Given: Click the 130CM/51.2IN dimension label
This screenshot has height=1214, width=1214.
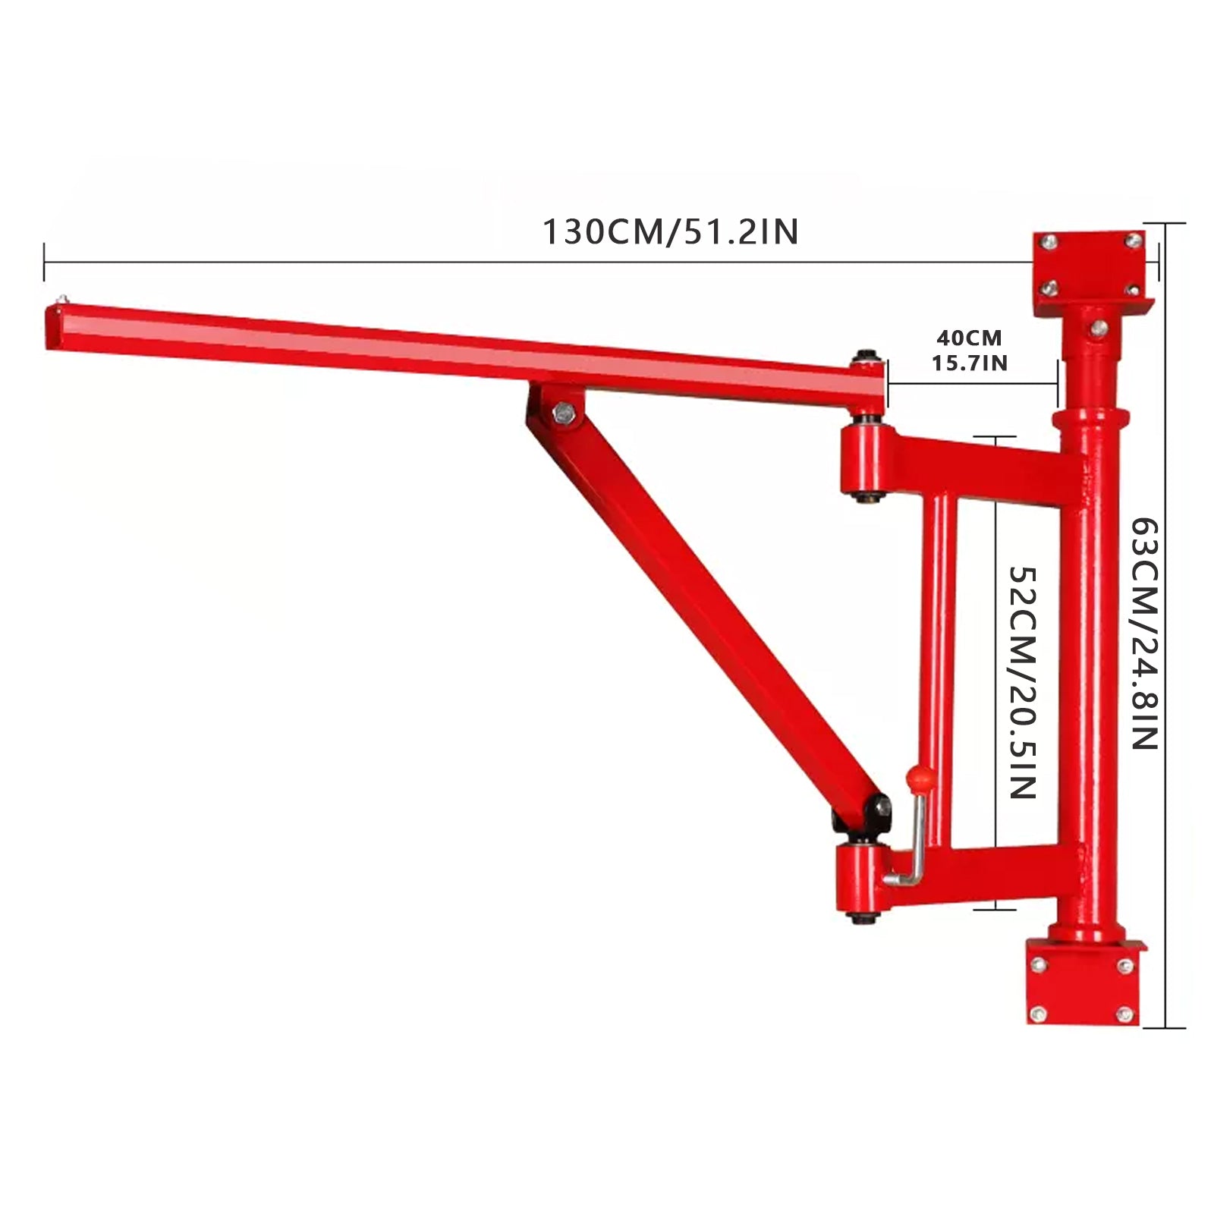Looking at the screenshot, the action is coord(670,232).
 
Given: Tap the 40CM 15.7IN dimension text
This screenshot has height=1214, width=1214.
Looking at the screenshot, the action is coord(969,350).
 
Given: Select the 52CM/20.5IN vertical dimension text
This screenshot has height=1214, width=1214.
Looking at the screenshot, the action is coord(1022,681).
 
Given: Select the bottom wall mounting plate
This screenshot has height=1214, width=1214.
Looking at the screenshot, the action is coord(1083,983).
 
